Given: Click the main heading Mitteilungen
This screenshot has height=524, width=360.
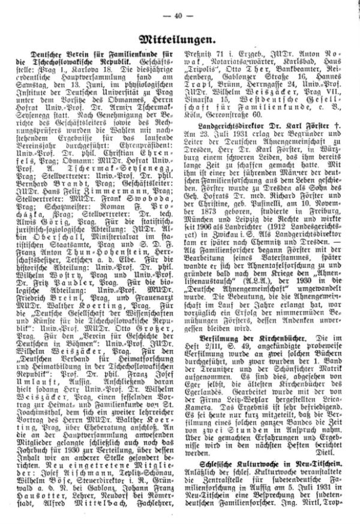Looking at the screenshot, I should (179, 40).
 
